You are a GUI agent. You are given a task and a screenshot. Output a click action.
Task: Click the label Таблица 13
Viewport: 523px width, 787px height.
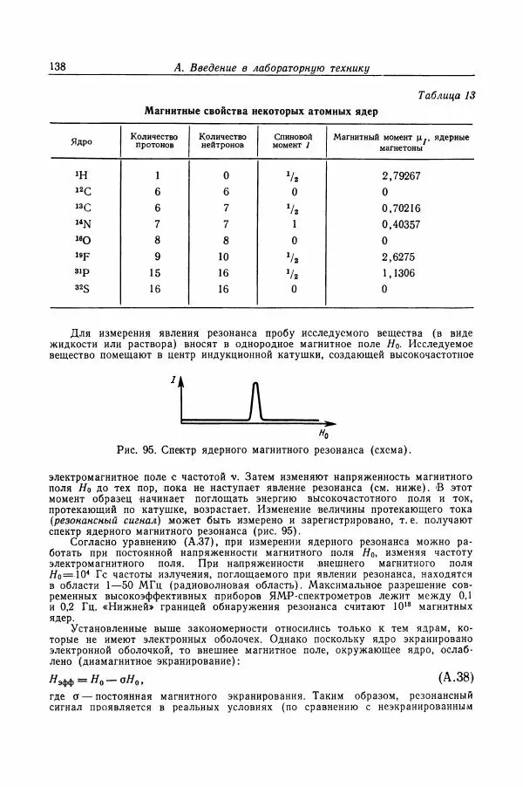tap(446, 95)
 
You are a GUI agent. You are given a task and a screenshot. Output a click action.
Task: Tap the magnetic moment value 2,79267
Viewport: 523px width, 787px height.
tap(401, 175)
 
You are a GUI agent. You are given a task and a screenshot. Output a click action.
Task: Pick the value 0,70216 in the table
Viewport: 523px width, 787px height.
tap(401, 208)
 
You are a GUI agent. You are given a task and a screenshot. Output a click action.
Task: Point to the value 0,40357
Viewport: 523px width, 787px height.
tap(401, 224)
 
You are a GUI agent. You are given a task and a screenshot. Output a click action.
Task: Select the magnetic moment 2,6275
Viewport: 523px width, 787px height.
tap(397, 257)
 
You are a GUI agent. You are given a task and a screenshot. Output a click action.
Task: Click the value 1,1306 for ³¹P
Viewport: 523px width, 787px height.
tap(397, 273)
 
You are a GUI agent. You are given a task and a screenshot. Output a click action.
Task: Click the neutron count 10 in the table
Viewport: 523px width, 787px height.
tap(223, 257)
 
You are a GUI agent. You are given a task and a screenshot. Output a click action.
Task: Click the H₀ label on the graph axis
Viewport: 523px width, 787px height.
tap(323, 434)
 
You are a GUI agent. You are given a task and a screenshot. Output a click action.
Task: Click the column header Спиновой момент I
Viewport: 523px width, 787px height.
tap(292, 142)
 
